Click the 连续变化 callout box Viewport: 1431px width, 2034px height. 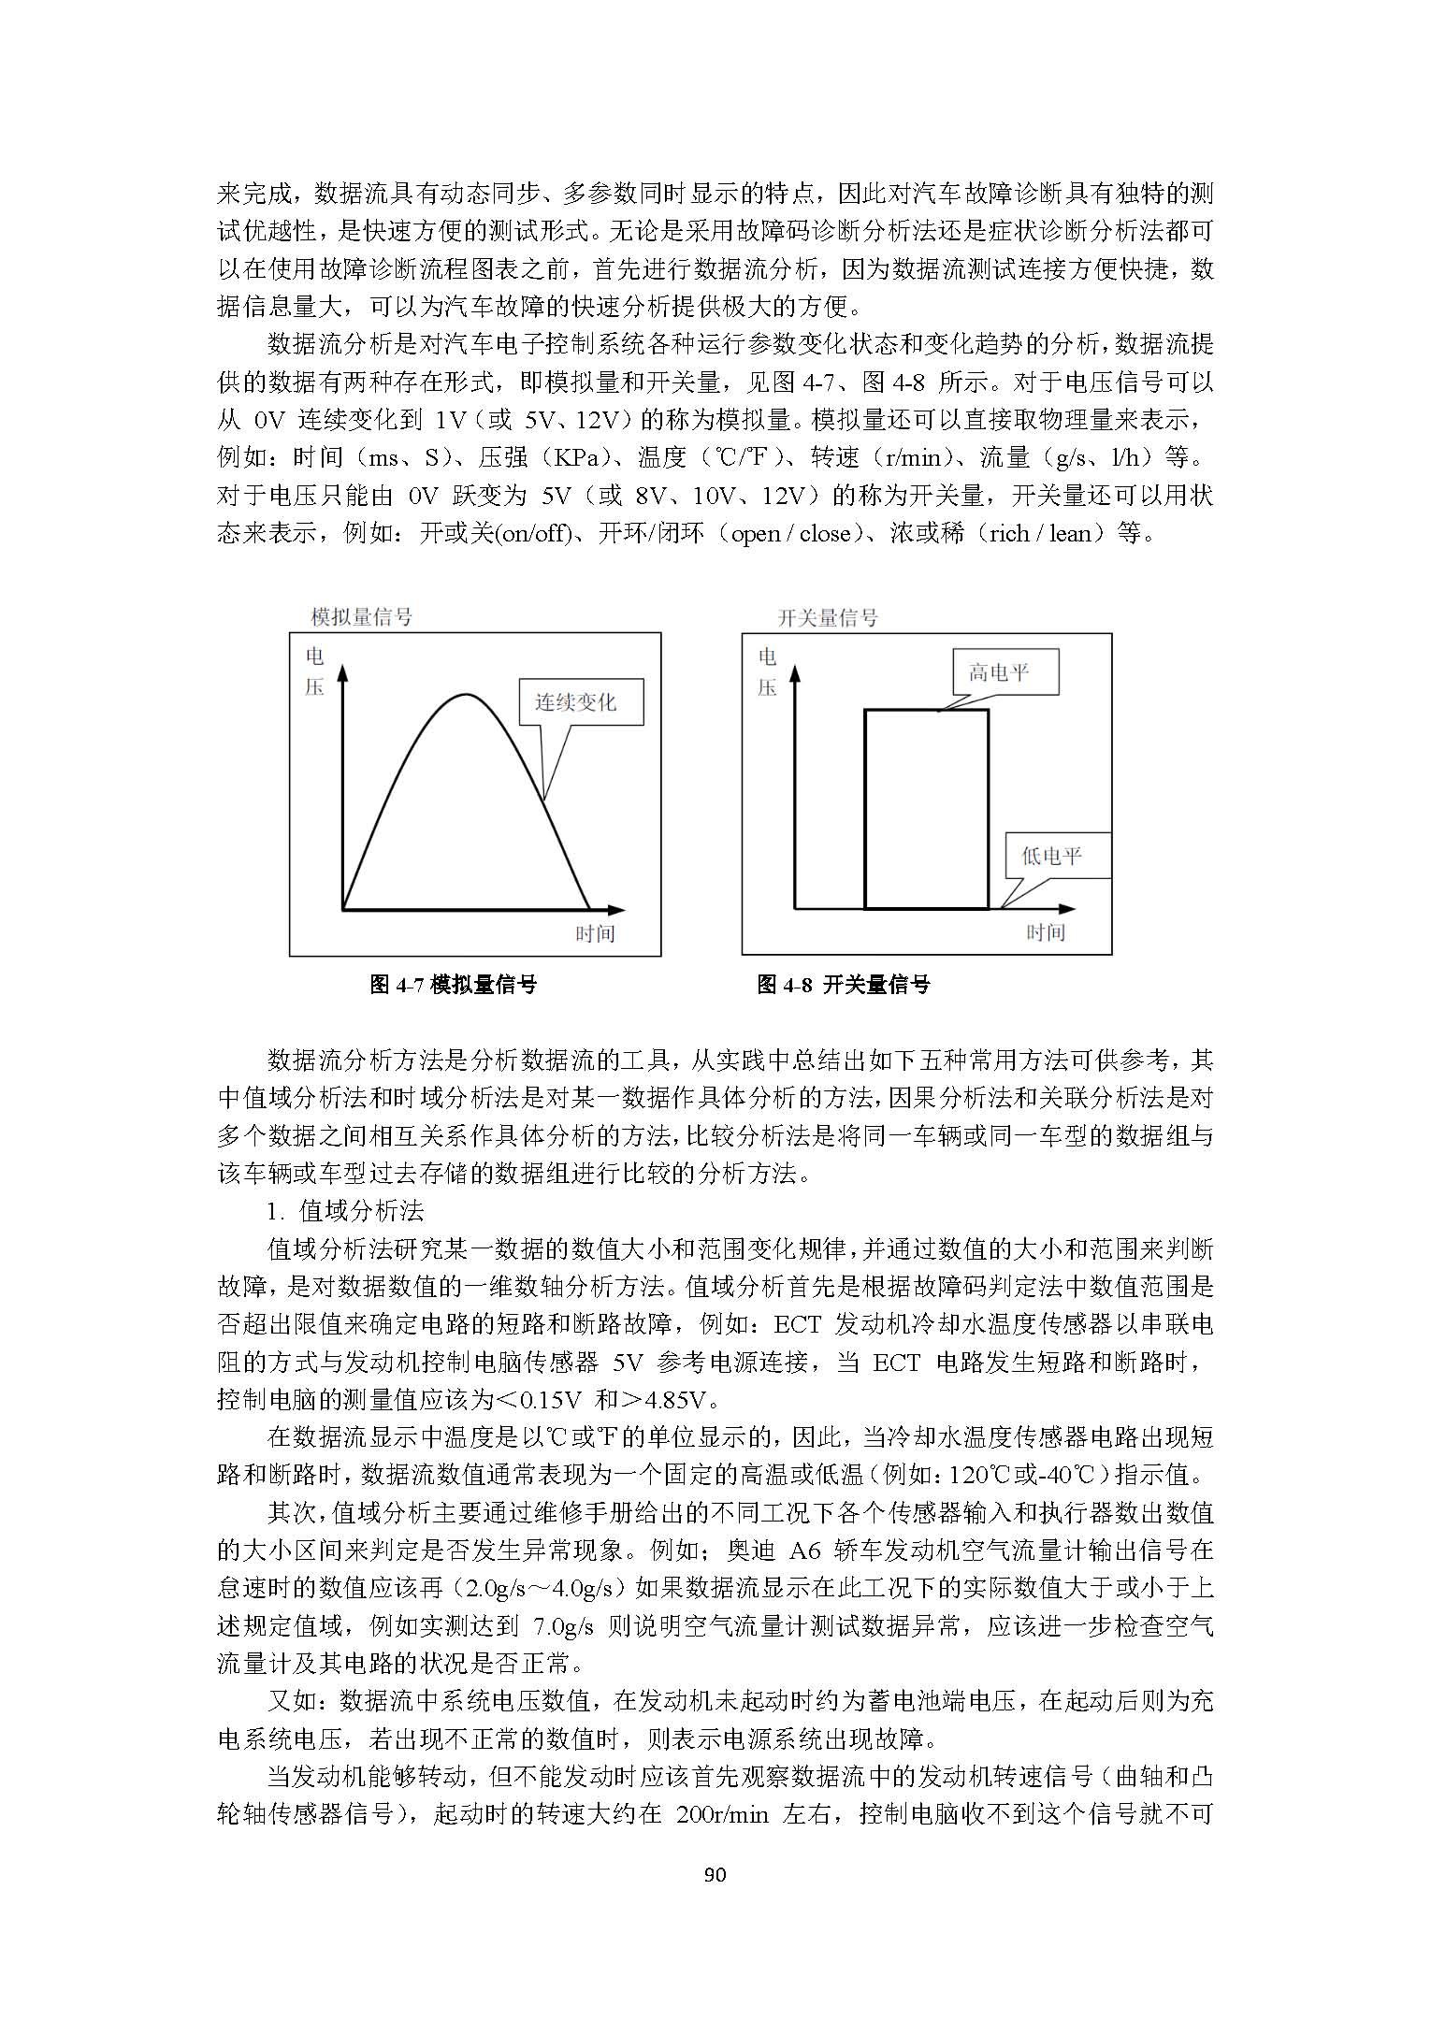click(x=581, y=702)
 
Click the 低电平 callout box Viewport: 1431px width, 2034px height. click(x=1058, y=856)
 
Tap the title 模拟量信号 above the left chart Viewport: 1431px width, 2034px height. click(x=361, y=617)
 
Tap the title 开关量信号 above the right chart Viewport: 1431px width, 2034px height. click(x=828, y=617)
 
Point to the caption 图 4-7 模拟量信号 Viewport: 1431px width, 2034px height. click(x=454, y=984)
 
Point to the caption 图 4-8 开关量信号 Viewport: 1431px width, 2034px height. click(x=844, y=984)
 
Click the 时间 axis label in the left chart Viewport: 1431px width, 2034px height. click(x=595, y=933)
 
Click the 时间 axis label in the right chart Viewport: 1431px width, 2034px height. click(x=1046, y=932)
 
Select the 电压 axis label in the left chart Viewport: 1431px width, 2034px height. click(x=314, y=671)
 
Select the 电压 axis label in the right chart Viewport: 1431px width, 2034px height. click(x=767, y=671)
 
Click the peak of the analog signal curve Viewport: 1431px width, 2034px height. click(x=465, y=695)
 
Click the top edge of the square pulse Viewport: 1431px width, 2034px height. click(x=926, y=711)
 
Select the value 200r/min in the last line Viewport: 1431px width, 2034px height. click(x=721, y=1815)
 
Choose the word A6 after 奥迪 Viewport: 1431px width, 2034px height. click(x=804, y=1551)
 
